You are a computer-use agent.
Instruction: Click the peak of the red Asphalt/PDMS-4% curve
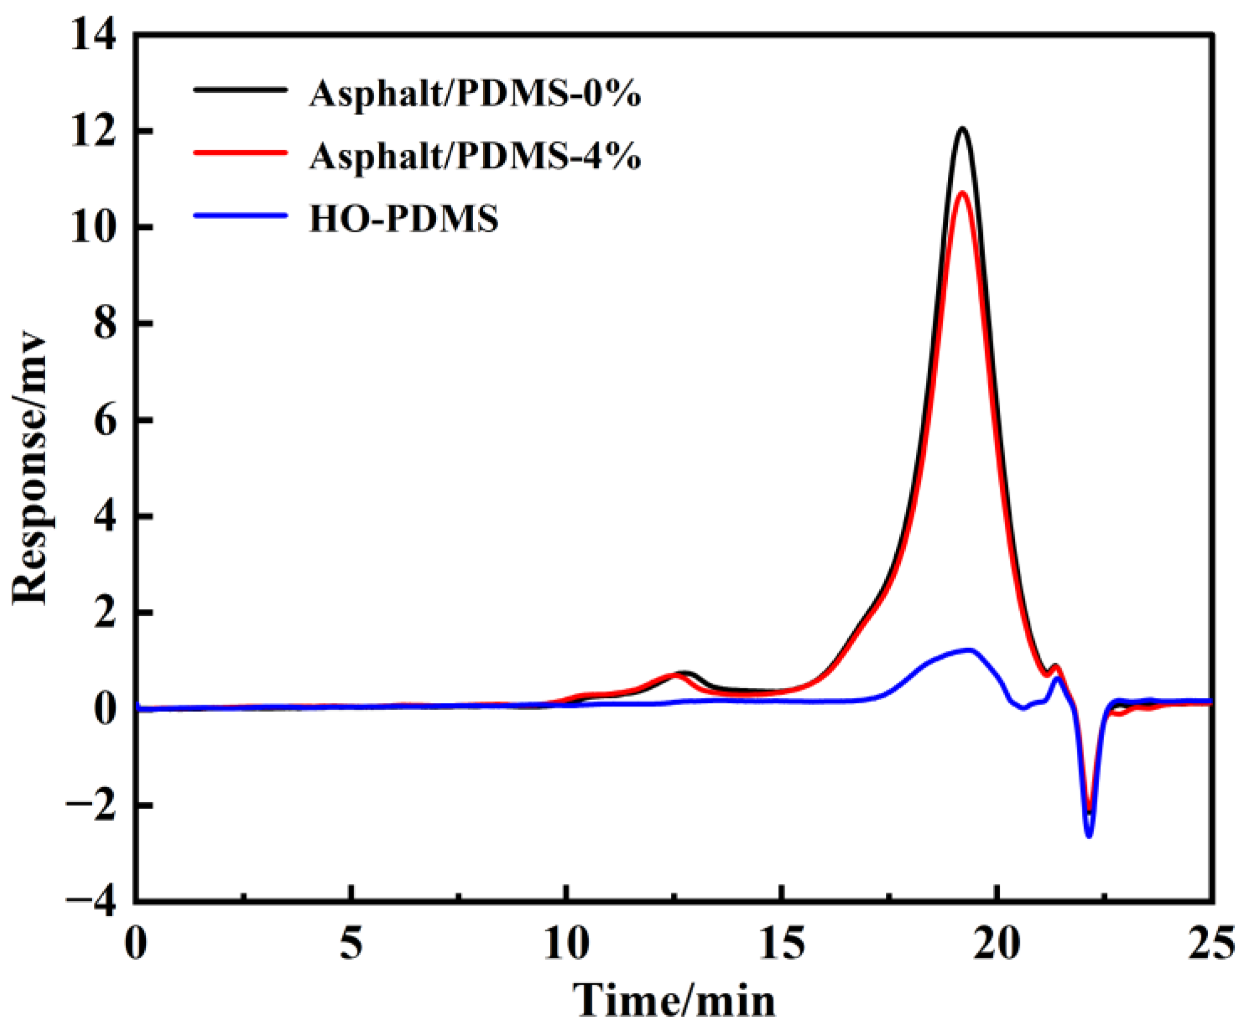[x=962, y=193]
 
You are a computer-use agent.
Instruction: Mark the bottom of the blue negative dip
[x=1089, y=835]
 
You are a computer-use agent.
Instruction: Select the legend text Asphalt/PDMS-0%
[x=475, y=94]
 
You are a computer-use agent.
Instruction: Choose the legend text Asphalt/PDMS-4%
[x=475, y=156]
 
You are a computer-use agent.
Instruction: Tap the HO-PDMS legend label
[x=404, y=218]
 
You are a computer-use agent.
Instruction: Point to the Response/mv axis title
[x=30, y=469]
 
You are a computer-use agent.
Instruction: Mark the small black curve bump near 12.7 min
[x=684, y=673]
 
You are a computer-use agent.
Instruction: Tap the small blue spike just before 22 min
[x=1058, y=679]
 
